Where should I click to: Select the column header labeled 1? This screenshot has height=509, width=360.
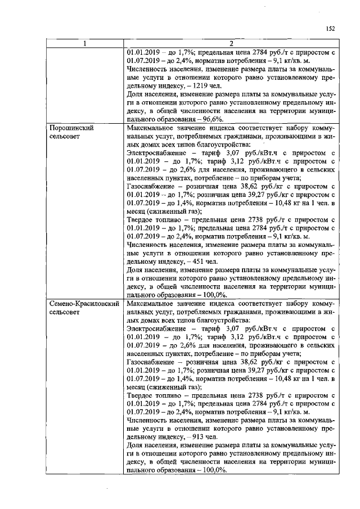(84, 44)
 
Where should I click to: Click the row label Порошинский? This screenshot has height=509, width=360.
(71, 128)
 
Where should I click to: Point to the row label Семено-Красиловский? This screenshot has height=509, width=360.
(84, 303)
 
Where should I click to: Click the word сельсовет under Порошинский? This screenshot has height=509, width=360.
(65, 136)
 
